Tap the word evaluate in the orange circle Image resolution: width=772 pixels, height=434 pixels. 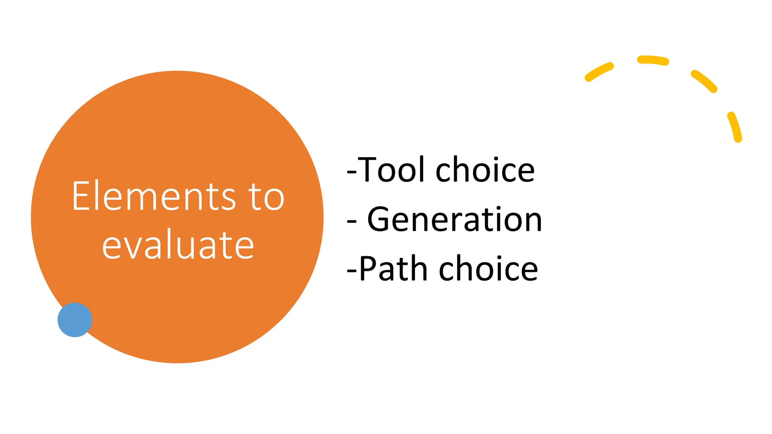click(178, 245)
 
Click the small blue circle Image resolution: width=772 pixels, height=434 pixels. click(75, 319)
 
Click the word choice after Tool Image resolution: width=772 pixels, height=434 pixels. click(485, 170)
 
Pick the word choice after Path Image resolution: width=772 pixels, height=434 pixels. click(489, 269)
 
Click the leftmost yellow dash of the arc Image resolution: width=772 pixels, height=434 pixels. click(599, 72)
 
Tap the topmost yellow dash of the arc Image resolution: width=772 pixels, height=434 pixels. click(653, 60)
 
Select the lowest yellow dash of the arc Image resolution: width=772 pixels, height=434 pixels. click(735, 127)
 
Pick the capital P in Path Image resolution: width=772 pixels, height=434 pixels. click(368, 269)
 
